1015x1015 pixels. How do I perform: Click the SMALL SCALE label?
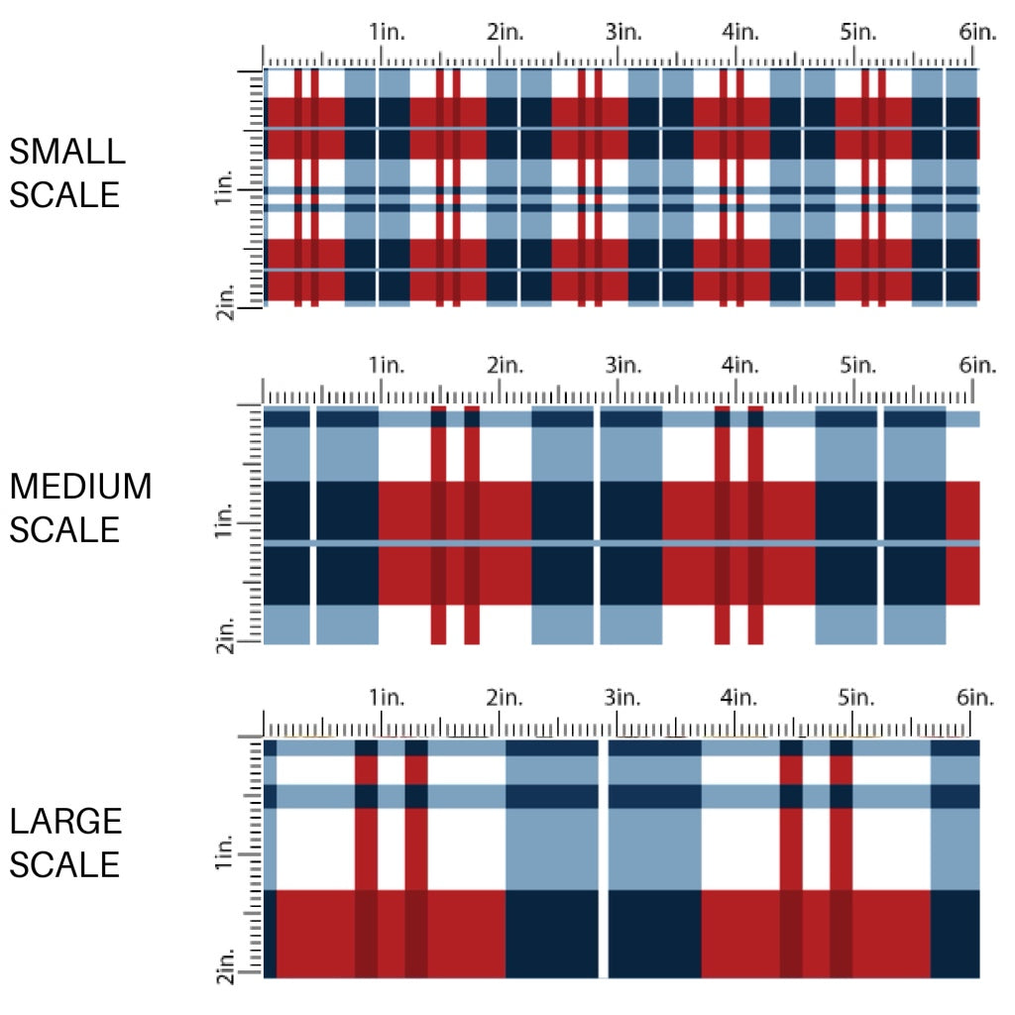67,172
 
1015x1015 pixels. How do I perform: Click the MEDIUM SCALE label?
80,507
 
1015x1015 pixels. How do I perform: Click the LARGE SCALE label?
65,843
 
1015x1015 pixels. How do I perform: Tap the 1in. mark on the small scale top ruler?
388,33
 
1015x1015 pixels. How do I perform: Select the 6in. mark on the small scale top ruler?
976,33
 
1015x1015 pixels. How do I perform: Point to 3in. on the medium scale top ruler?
623,365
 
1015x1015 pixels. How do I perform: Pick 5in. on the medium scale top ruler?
859,365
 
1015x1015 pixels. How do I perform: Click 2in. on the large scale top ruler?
506,697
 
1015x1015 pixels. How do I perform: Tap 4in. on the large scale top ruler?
741,697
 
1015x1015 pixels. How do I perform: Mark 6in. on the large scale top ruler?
976,697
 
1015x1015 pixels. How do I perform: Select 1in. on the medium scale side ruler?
223,521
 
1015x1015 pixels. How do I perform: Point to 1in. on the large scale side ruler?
223,854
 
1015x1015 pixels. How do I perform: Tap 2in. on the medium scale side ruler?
225,635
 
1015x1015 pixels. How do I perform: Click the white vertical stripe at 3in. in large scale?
603,858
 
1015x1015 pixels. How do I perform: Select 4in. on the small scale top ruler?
741,33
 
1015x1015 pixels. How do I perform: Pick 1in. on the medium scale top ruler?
388,365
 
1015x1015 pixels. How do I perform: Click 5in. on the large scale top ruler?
859,697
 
